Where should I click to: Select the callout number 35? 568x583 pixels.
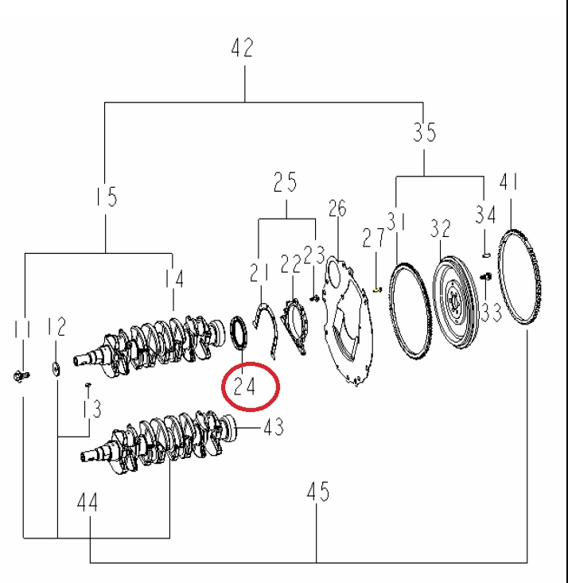[x=425, y=132]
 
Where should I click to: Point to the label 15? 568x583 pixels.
[x=106, y=196]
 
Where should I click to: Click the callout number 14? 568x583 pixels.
[x=174, y=278]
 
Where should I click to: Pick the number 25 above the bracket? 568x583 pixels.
[x=285, y=182]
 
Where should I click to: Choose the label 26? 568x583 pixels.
[x=337, y=208]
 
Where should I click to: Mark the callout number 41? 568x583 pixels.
[x=509, y=183]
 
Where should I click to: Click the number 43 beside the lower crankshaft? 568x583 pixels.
[x=273, y=428]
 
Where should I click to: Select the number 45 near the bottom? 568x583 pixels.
[x=317, y=493]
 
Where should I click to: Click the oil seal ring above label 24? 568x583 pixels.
[x=239, y=332]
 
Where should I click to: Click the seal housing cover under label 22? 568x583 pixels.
[x=296, y=325]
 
